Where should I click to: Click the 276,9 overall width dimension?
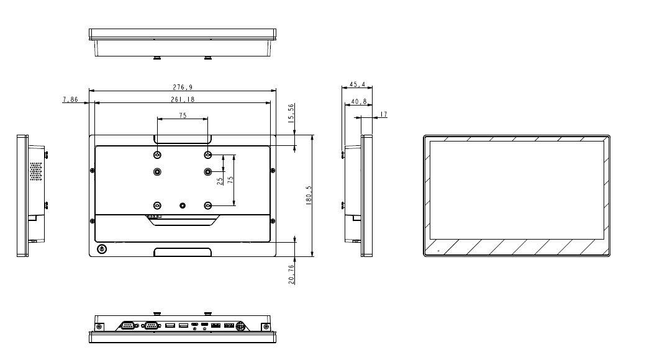coord(182,88)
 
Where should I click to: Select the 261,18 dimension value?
coord(182,99)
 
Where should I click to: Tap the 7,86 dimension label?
coord(70,99)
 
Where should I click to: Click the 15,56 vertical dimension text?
coord(292,114)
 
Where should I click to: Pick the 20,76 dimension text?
coord(292,273)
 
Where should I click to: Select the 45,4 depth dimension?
coord(357,83)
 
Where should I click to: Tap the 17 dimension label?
coord(383,114)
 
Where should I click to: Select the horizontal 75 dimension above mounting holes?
coord(183,115)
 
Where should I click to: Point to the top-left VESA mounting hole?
coord(157,155)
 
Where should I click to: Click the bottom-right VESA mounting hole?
coord(208,205)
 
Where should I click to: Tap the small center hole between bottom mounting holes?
coord(183,205)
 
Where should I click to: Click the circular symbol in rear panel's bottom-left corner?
coord(102,249)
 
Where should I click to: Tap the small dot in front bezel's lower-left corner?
coord(437,251)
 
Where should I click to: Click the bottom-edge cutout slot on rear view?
coord(183,252)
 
